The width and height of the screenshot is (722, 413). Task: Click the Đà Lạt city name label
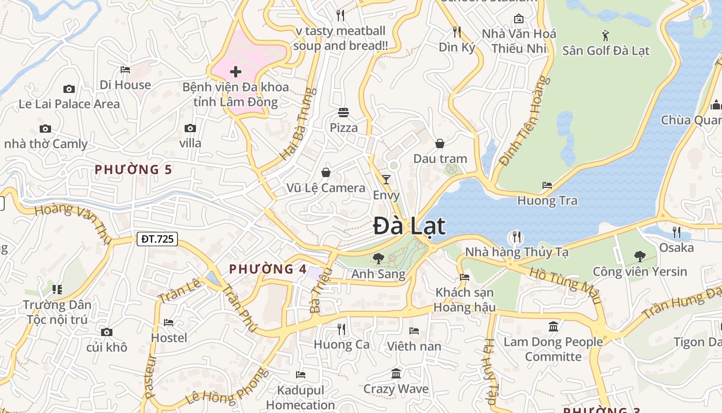pyautogui.click(x=409, y=226)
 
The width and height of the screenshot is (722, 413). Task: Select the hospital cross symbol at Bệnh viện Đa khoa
pyautogui.click(x=236, y=71)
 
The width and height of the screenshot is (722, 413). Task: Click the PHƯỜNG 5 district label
pyautogui.click(x=134, y=169)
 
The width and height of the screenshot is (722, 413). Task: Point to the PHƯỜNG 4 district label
pyautogui.click(x=268, y=269)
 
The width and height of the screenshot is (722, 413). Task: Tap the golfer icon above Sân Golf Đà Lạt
pyautogui.click(x=605, y=36)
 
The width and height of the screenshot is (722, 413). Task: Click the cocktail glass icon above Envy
pyautogui.click(x=386, y=179)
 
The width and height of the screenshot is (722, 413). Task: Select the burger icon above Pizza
pyautogui.click(x=343, y=112)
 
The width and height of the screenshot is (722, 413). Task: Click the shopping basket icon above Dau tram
pyautogui.click(x=440, y=143)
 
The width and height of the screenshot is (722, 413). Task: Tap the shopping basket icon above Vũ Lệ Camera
pyautogui.click(x=326, y=172)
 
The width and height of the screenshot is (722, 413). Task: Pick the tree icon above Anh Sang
pyautogui.click(x=378, y=258)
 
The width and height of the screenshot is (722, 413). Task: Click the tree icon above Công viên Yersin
pyautogui.click(x=639, y=256)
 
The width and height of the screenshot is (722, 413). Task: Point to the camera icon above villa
pyautogui.click(x=190, y=128)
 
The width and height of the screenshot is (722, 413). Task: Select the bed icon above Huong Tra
pyautogui.click(x=547, y=185)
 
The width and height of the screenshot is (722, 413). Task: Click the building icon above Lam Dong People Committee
pyautogui.click(x=553, y=326)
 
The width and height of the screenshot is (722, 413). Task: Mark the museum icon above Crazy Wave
pyautogui.click(x=396, y=373)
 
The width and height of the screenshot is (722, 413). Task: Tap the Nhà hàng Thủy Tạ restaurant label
pyautogui.click(x=516, y=252)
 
